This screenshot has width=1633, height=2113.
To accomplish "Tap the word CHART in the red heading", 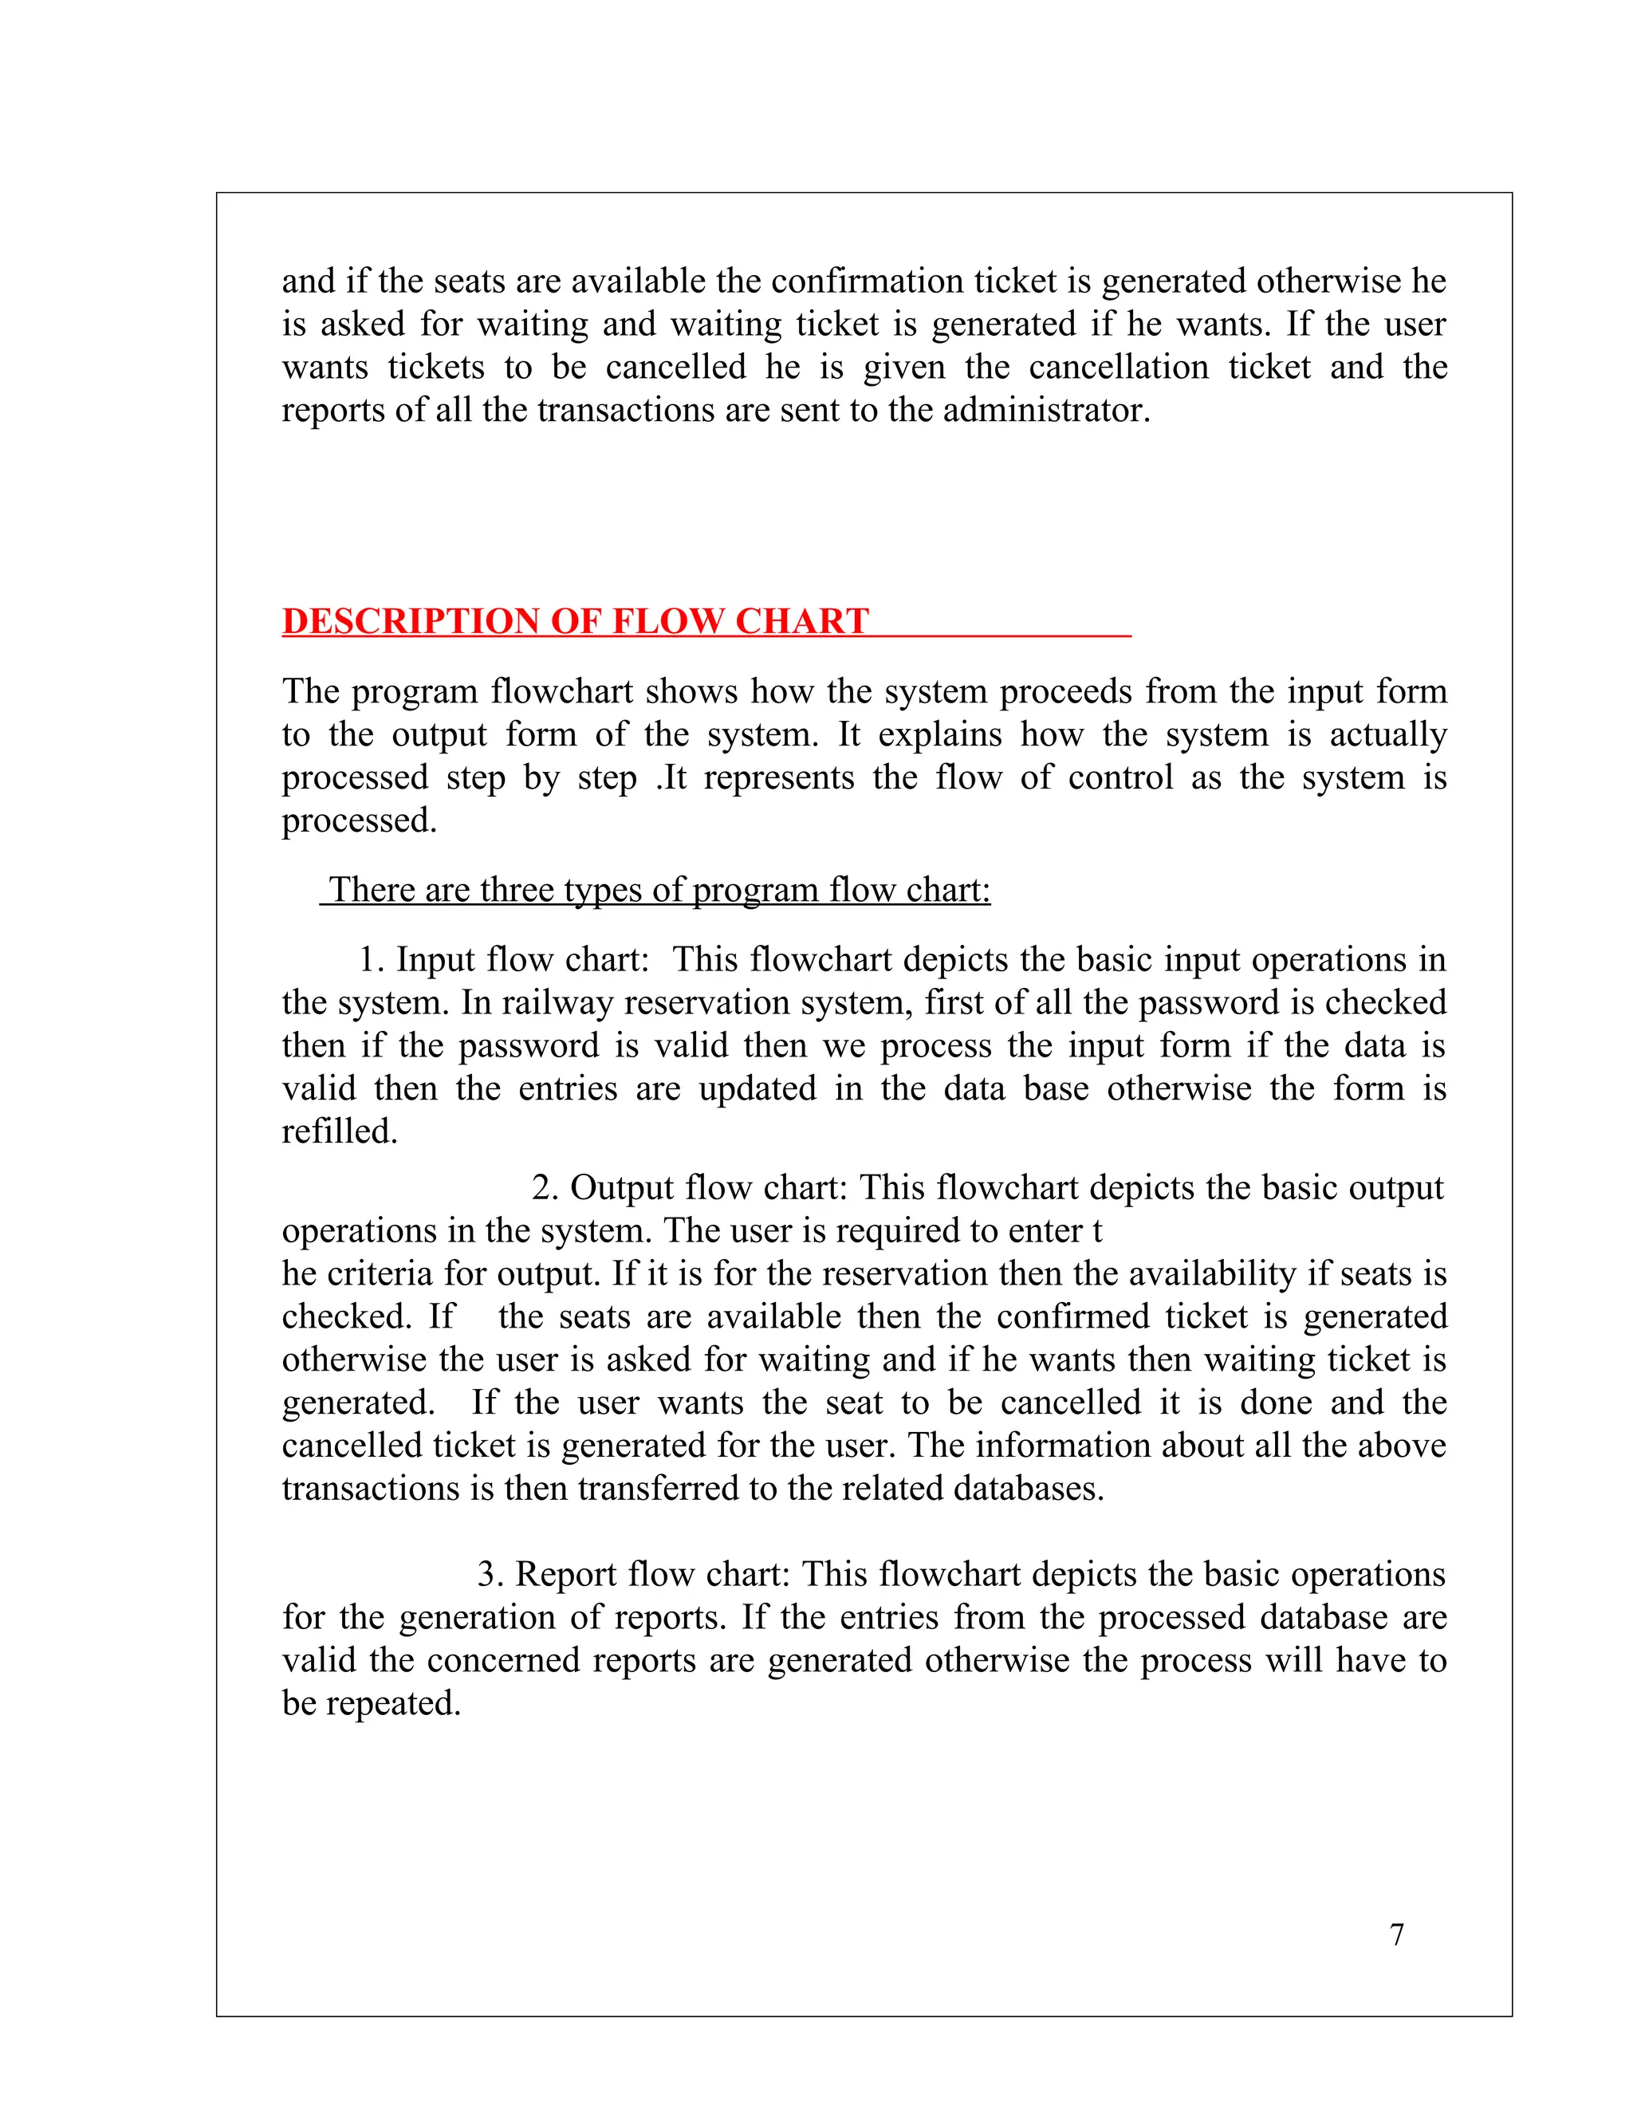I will [801, 621].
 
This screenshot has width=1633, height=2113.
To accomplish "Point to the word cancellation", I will [1119, 368].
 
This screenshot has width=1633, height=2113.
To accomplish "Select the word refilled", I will [340, 1131].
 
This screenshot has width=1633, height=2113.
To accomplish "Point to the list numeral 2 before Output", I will [543, 1188].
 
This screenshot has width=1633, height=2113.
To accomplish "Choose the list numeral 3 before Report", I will [489, 1574].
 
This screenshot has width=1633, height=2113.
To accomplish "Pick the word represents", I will [779, 778].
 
